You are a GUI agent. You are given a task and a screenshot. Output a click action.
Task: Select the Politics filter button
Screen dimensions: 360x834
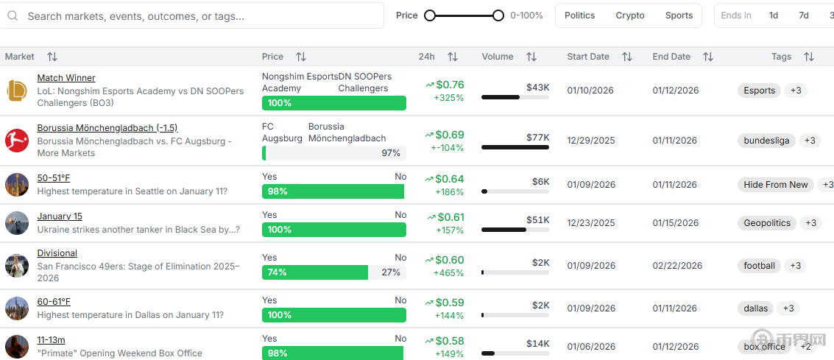click(579, 15)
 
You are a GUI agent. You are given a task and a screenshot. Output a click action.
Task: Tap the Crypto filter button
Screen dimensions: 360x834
click(630, 15)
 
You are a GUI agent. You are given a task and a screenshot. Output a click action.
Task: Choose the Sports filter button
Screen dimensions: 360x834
click(679, 15)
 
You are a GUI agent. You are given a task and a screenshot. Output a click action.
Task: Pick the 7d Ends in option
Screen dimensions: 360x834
click(804, 15)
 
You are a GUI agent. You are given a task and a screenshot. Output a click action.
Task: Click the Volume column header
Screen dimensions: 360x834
click(498, 57)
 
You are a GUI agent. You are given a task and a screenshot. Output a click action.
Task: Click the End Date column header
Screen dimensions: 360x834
click(671, 57)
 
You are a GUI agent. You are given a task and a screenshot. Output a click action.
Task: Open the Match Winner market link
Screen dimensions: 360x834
click(66, 78)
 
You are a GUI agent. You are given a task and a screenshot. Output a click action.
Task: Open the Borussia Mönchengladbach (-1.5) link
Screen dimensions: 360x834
click(107, 128)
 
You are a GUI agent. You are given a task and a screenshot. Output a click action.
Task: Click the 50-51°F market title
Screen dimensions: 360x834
click(54, 178)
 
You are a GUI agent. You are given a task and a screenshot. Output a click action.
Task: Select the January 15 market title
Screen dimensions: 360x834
click(60, 216)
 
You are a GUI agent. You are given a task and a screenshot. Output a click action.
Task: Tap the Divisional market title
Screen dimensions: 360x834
click(57, 253)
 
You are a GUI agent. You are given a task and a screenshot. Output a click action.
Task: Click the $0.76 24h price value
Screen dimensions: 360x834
click(449, 85)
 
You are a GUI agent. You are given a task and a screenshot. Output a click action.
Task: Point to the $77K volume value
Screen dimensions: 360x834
click(537, 137)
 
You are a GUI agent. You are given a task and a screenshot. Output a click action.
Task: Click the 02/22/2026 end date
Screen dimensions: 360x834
click(677, 266)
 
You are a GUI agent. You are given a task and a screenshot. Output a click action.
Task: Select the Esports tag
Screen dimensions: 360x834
click(759, 91)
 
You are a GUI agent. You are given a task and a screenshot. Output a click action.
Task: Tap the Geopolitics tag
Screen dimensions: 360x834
click(767, 223)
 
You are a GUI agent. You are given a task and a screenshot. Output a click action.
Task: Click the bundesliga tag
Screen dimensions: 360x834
click(766, 141)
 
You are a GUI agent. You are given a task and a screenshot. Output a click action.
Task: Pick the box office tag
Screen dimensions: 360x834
click(764, 347)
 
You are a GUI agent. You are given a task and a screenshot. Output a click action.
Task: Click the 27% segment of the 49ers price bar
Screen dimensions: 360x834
click(388, 272)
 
